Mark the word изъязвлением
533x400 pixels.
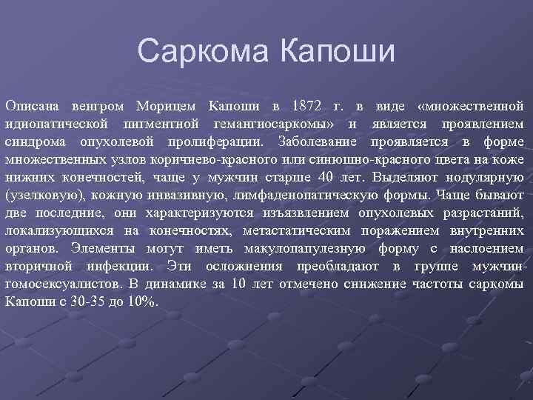pos(265,213)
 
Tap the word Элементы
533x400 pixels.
pos(103,248)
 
